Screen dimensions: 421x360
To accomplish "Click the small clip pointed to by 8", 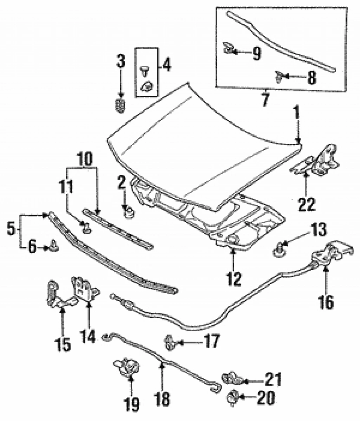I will [x=279, y=76].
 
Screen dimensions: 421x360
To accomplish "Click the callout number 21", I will [x=273, y=380].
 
